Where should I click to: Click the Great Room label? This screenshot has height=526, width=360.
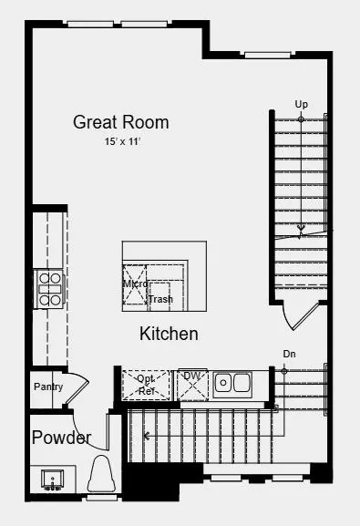pos(121,122)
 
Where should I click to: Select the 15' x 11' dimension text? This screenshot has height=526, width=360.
pos(121,142)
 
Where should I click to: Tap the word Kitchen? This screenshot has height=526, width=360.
pos(169,334)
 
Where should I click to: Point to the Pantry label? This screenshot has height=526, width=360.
pos(48,387)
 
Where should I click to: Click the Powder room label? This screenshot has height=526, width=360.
pos(61,438)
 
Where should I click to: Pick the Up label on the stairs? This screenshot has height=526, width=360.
pos(301,104)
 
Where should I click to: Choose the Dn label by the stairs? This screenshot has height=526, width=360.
pos(289,354)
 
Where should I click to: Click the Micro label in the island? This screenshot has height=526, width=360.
pos(136,284)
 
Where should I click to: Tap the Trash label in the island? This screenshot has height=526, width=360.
pos(160,299)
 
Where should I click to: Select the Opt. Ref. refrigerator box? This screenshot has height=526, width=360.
pos(147,384)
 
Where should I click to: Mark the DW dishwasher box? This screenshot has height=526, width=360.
pos(192,385)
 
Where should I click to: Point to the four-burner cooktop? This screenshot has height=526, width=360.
pos(48,288)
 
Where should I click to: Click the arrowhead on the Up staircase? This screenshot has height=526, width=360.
pos(301,228)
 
